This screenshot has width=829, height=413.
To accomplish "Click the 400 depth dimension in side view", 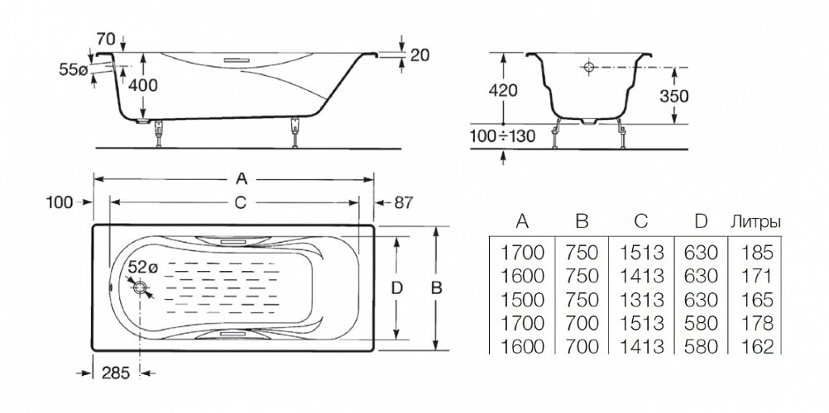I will (x=142, y=84).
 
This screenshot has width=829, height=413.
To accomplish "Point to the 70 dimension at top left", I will (x=105, y=38).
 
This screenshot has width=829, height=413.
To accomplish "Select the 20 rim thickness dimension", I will (x=419, y=55).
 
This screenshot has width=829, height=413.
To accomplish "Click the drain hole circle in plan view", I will (x=141, y=287).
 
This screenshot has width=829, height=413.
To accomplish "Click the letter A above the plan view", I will (x=242, y=175).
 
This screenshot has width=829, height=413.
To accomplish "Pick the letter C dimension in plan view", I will (x=238, y=202).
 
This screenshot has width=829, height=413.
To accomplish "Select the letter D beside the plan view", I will (x=396, y=287).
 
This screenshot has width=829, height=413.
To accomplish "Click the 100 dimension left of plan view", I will (x=60, y=202).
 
